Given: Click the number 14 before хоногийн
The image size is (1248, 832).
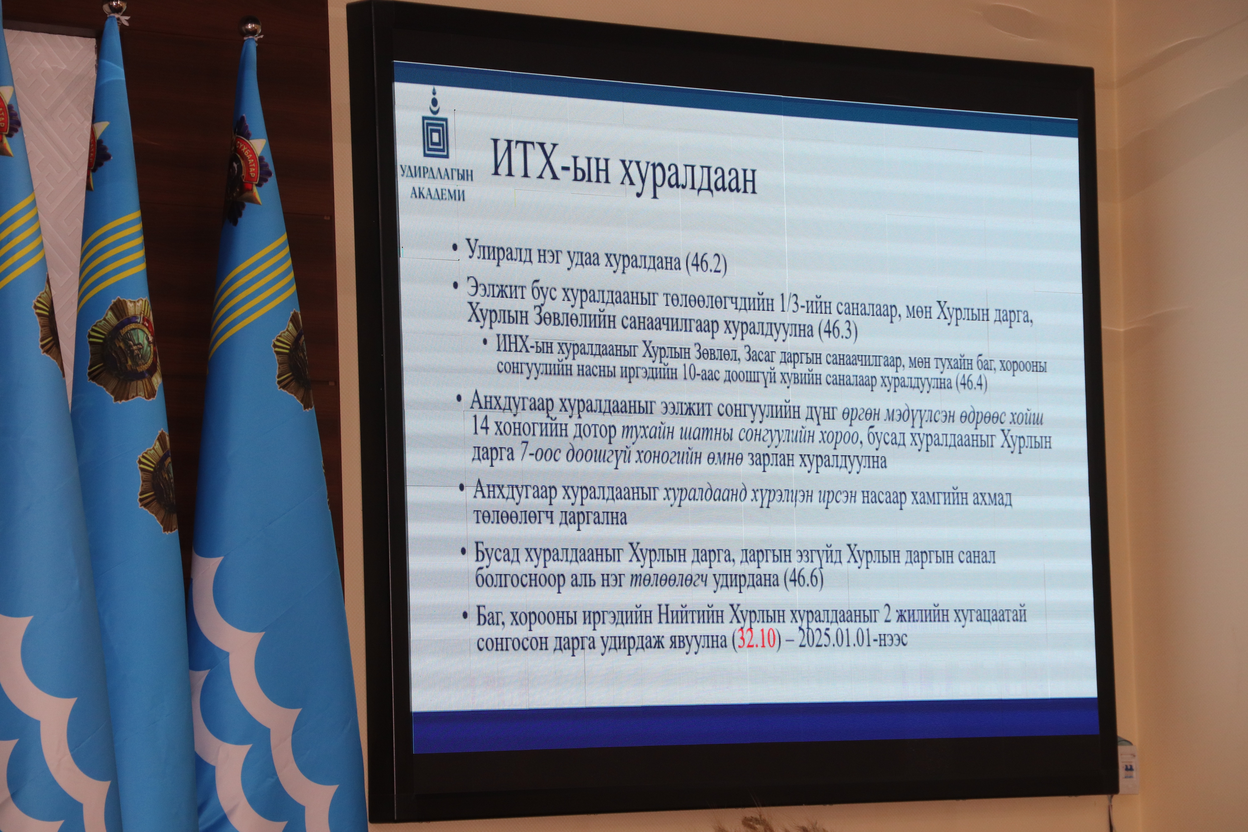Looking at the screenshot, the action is tap(480, 426).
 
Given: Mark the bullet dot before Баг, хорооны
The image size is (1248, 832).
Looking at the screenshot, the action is tap(465, 615).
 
